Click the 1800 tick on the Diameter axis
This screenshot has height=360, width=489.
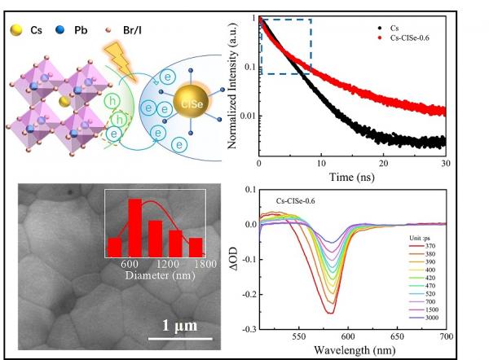coord(205,263)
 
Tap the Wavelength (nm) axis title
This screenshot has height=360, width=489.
coord(352,349)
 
